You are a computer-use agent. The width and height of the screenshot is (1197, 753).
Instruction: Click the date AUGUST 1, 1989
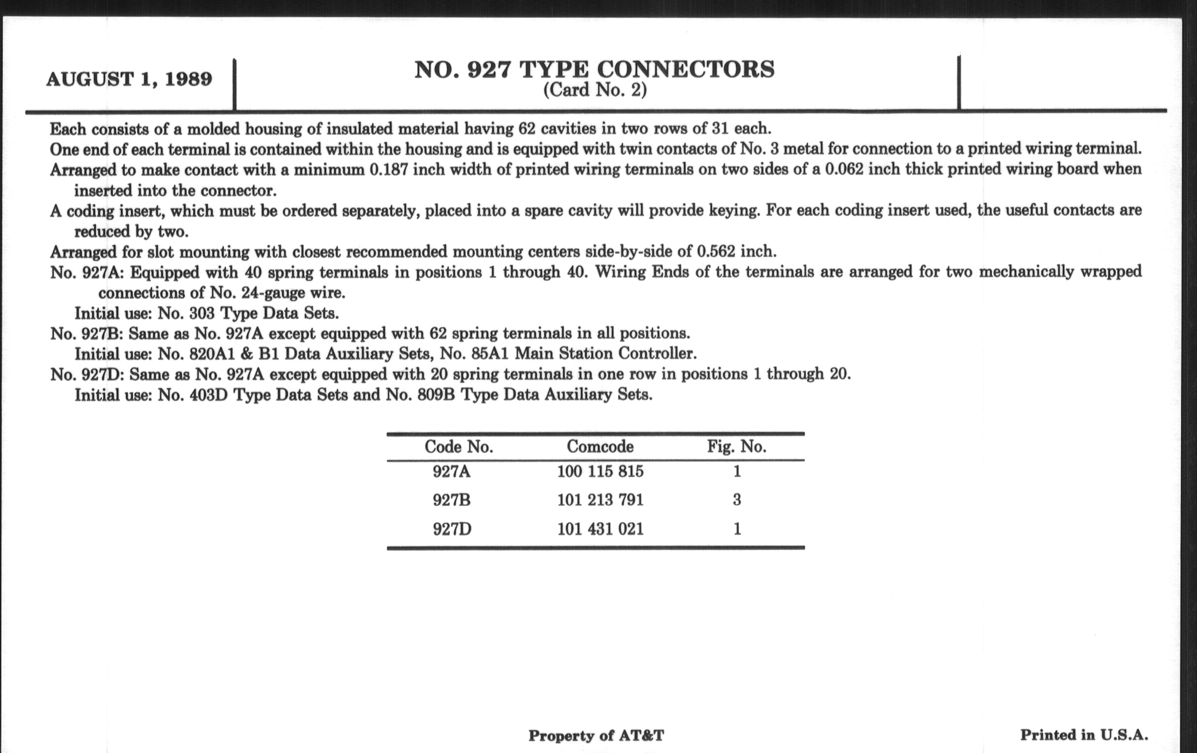click(x=129, y=79)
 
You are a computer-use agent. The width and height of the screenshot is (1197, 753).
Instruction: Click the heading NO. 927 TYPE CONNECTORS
click(x=595, y=69)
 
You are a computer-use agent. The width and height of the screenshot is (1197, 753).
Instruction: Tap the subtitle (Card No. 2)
click(x=595, y=91)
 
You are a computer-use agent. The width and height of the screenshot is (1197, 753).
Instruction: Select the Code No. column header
click(x=458, y=447)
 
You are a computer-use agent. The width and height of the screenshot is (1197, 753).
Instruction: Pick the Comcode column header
click(x=600, y=446)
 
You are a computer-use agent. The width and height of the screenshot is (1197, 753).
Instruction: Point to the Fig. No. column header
click(x=737, y=446)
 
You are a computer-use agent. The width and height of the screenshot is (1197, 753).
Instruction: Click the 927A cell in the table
click(x=451, y=471)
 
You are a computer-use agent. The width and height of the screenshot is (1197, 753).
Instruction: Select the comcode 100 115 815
click(x=600, y=471)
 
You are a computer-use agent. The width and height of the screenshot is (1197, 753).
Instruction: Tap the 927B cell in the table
click(x=451, y=500)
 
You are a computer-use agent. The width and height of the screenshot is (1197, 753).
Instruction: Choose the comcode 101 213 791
click(x=600, y=500)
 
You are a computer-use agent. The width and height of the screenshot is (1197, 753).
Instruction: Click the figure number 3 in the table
click(x=737, y=500)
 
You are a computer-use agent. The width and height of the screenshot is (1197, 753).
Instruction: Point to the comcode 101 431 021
click(x=600, y=529)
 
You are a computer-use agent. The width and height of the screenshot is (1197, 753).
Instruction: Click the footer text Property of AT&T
click(x=596, y=736)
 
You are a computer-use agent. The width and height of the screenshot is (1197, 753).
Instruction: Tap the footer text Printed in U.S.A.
click(x=1084, y=735)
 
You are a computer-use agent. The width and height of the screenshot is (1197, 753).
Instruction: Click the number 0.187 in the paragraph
click(x=389, y=170)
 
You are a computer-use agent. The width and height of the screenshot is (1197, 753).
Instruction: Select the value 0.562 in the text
click(x=716, y=251)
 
